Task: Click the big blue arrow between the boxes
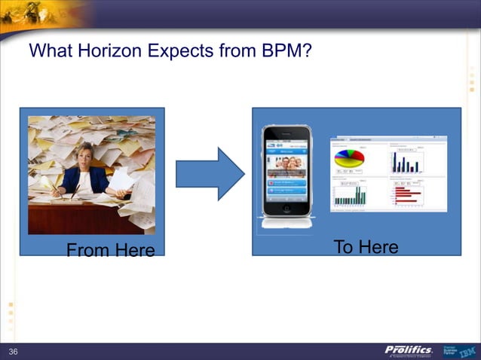[x=209, y=174]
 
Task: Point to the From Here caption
[x=110, y=250]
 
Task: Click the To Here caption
[x=366, y=247]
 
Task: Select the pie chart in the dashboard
[x=349, y=158]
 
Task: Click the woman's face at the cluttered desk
[x=86, y=153]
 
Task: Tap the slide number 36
[x=13, y=352]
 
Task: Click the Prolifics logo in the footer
[x=408, y=351]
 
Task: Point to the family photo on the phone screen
[x=286, y=163]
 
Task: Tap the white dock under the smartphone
[x=286, y=222]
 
